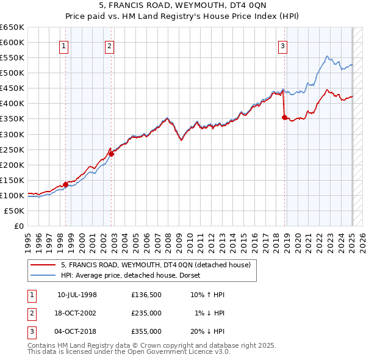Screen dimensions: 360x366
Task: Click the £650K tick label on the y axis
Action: [12, 27]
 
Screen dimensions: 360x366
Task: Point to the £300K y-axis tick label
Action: [12, 134]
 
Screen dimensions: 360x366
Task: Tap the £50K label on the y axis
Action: [14, 211]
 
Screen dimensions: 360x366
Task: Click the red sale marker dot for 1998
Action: [65, 184]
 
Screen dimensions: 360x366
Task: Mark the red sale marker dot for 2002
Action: [112, 154]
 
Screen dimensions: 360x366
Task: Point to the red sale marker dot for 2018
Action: [284, 117]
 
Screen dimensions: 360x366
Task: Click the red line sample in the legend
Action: [44, 265]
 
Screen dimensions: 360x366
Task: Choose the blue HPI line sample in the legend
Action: [44, 275]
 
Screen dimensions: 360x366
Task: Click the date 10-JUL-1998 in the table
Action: [77, 295]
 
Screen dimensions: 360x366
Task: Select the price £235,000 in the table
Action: [146, 313]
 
